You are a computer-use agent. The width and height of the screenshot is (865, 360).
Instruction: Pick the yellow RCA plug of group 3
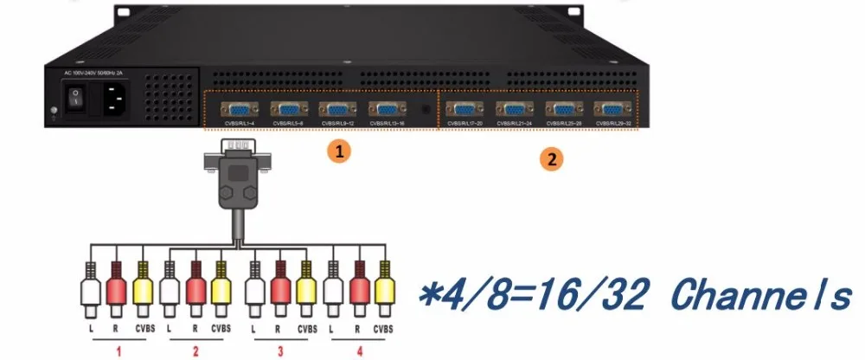coord(304,286)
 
